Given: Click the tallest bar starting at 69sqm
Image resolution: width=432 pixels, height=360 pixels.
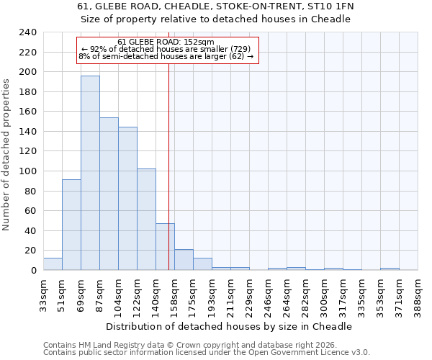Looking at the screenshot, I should pyautogui.click(x=90, y=173).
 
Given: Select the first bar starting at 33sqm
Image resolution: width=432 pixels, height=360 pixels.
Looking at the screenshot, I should pyautogui.click(x=53, y=264).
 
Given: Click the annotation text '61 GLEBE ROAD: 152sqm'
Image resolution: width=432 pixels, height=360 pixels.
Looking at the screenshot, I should pyautogui.click(x=166, y=42).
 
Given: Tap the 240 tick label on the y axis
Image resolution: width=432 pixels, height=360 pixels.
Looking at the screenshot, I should pyautogui.click(x=28, y=32).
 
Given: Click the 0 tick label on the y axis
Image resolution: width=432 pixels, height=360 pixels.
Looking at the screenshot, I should pyautogui.click(x=33, y=270).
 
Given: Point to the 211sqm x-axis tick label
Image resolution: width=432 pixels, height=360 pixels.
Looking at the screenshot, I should pyautogui.click(x=230, y=295).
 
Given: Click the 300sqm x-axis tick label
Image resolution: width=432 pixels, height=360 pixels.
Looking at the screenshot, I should pyautogui.click(x=324, y=295).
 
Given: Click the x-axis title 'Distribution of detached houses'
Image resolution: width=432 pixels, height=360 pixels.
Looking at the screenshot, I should pyautogui.click(x=233, y=326).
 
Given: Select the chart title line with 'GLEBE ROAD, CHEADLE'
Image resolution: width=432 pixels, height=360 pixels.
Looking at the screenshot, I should pyautogui.click(x=215, y=6).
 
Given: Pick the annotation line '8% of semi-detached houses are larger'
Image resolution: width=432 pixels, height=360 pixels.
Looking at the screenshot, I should pyautogui.click(x=166, y=56).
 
